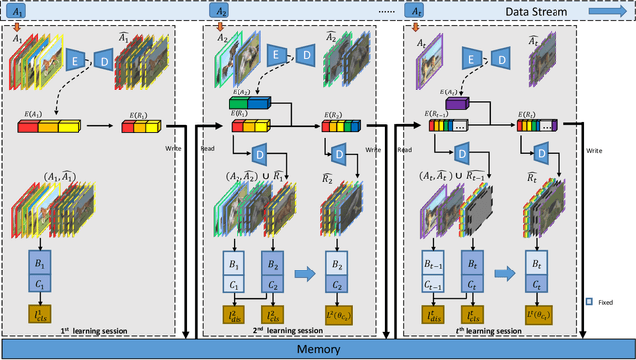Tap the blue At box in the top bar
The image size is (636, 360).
(419, 10)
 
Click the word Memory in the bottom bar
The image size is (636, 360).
(317, 350)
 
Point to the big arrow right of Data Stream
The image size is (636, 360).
(609, 10)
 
